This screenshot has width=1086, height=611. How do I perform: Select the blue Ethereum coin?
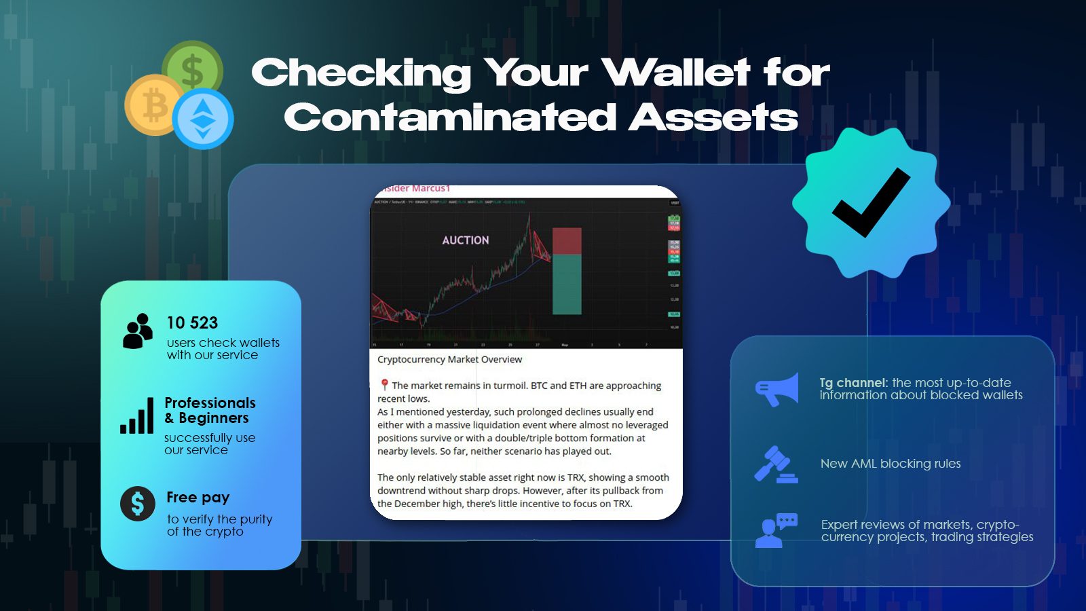point(203,119)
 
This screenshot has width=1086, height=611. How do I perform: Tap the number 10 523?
point(192,322)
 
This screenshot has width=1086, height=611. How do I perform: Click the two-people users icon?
point(138,331)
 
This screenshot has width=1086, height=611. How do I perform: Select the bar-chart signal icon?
point(137,416)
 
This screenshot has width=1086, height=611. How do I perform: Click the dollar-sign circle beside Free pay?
point(138,504)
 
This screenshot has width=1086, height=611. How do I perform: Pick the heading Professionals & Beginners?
point(210,410)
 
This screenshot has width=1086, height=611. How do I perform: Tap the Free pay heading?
point(198,497)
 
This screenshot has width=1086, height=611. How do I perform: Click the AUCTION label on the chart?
point(465,240)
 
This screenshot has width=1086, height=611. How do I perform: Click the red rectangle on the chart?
point(567,241)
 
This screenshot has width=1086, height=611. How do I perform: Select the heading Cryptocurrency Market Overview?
point(449,359)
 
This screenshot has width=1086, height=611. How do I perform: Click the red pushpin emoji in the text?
point(384,385)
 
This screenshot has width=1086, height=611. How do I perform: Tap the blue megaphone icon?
point(777,389)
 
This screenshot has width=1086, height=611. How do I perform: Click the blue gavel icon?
point(775,464)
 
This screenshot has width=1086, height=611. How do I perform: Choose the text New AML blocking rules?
point(891,464)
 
